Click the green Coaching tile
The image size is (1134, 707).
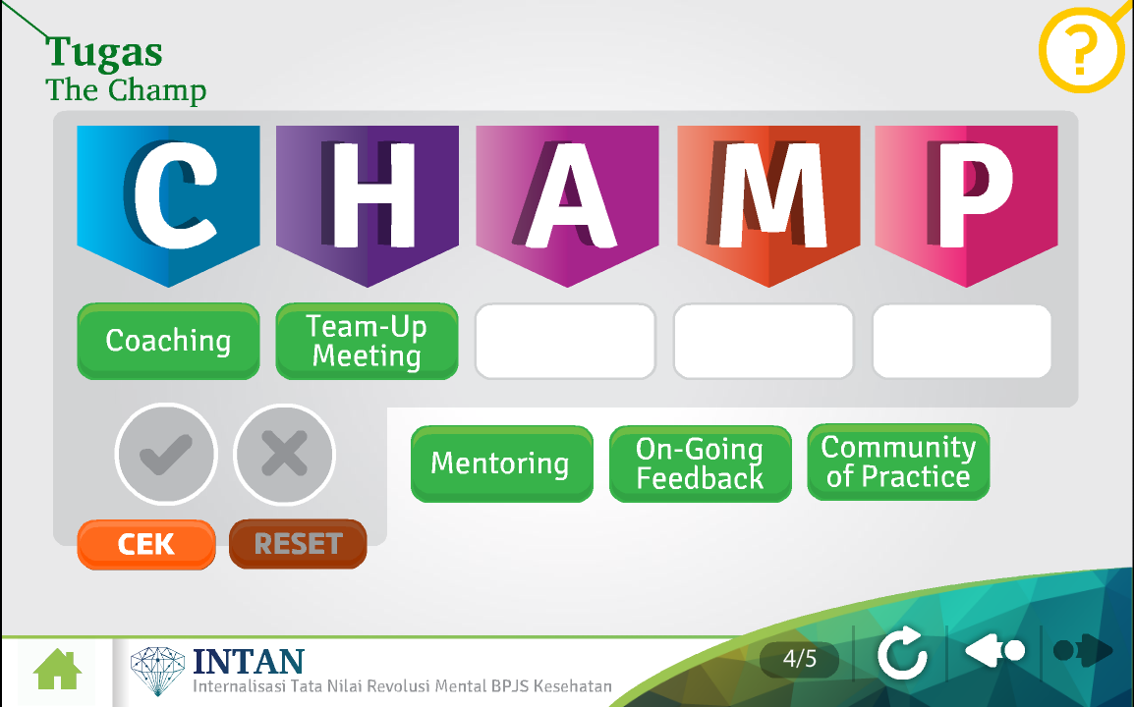point(168,341)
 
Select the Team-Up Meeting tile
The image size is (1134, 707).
point(367,341)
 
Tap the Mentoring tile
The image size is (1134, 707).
point(502,463)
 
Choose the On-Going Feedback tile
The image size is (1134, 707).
point(700,463)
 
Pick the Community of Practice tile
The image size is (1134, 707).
point(898,462)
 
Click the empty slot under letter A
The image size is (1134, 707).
point(566,341)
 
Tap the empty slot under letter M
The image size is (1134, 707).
point(764,341)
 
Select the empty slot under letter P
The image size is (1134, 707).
point(962,341)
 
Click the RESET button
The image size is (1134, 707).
point(298,544)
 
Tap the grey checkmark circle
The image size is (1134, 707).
point(166,454)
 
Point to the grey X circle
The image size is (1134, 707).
point(284,454)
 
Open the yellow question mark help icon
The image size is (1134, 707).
point(1083,49)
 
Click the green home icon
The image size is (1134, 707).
point(58,670)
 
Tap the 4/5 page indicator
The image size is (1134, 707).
point(799,659)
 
